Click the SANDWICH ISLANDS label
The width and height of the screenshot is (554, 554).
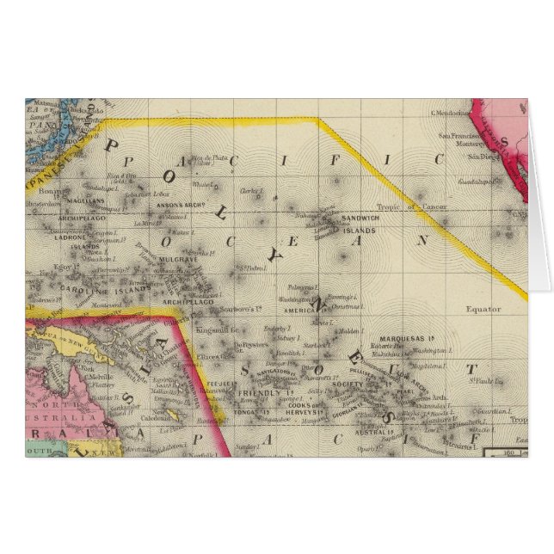click(x=358, y=225)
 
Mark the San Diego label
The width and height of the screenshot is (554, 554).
click(x=479, y=157)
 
